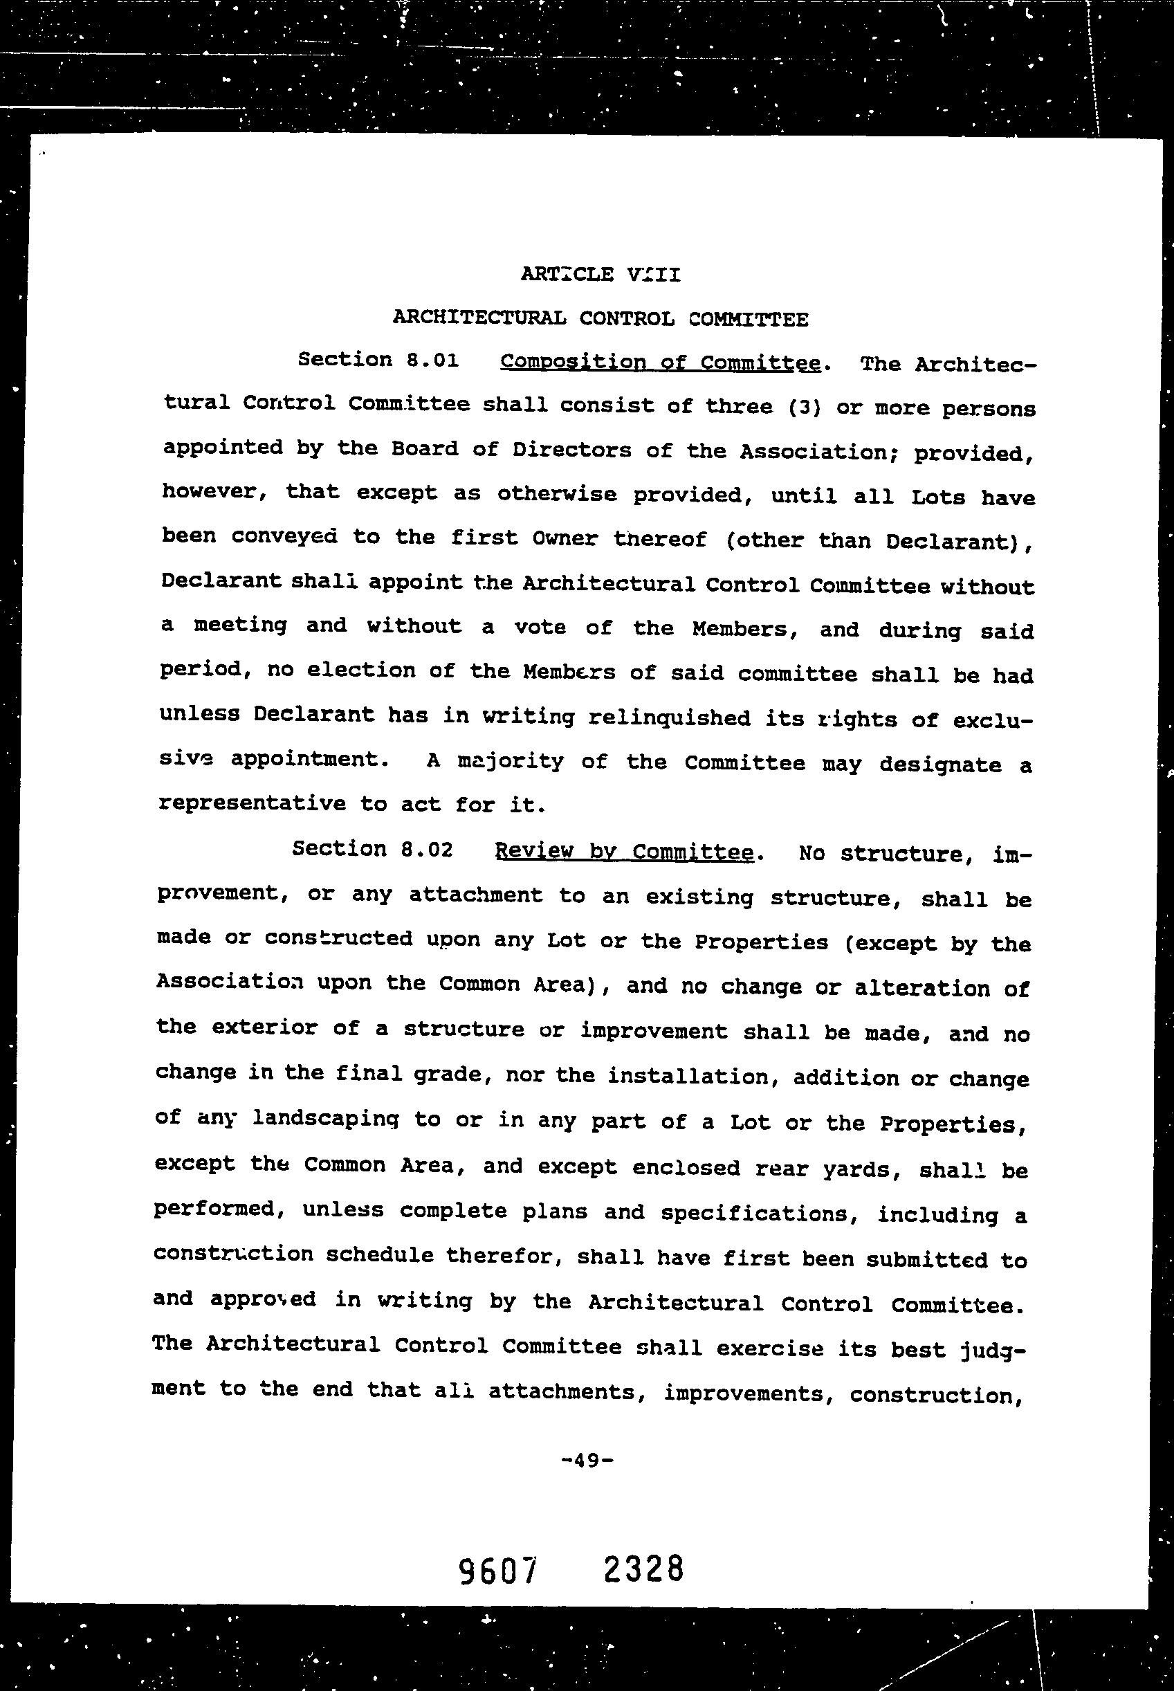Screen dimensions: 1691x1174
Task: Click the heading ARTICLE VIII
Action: pos(600,275)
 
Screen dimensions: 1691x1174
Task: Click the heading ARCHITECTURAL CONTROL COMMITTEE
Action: pos(600,318)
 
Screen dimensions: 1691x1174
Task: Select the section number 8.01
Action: pos(432,360)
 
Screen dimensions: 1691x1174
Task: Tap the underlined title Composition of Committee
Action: pos(659,363)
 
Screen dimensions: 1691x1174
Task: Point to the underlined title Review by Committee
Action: pos(625,852)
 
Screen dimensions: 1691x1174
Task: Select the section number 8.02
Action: pos(427,850)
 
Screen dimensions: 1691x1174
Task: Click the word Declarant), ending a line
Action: pos(960,542)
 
